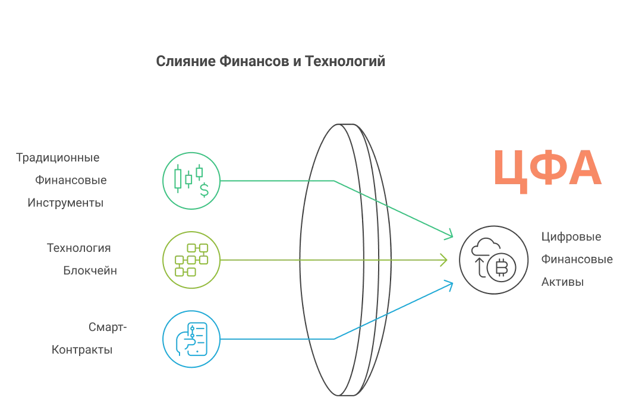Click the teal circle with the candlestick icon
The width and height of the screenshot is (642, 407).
pos(191,181)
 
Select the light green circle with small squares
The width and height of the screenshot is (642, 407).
pos(191,260)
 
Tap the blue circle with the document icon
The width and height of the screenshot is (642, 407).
pos(191,339)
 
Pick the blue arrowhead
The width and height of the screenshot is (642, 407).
pos(451,285)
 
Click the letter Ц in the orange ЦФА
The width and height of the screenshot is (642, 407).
pos(513,171)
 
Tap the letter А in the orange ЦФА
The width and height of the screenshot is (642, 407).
pos(584,169)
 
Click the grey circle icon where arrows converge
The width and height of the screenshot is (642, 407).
pos(493,260)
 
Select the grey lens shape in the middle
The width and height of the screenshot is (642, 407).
pos(345,260)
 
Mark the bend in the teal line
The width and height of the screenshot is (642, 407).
pos(334,179)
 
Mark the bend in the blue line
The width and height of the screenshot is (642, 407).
pos(334,339)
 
